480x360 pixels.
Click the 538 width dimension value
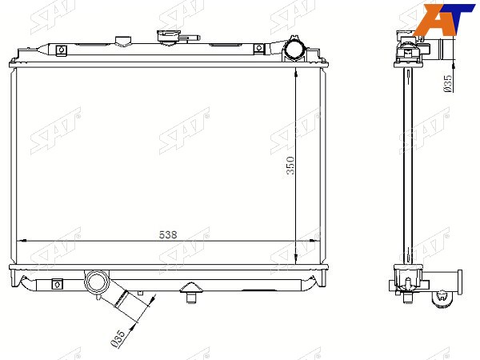click(168, 234)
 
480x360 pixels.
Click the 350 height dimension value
click(290, 166)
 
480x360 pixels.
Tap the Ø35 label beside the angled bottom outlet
click(118, 338)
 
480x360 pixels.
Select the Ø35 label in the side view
click(447, 83)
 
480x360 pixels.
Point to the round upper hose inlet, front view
click(294, 50)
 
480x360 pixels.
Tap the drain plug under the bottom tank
click(191, 293)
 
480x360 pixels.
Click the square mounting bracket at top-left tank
click(62, 50)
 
